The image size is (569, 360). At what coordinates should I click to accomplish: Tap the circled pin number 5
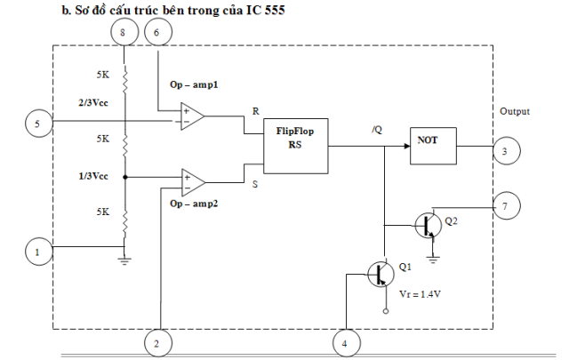pos(37,124)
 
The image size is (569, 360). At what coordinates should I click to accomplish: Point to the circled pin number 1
pos(37,253)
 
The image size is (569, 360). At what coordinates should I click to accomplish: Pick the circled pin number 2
pos(157,340)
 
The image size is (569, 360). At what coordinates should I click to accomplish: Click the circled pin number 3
pos(505,152)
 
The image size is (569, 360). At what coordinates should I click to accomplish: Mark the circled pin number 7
pos(505,206)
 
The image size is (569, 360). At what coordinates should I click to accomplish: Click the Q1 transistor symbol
pos(381,274)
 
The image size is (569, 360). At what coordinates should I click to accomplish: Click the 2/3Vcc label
pos(93,102)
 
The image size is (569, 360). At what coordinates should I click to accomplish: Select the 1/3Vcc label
pos(93,176)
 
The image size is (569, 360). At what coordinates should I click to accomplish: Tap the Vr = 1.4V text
pos(421,292)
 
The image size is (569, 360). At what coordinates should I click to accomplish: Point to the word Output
pos(515,112)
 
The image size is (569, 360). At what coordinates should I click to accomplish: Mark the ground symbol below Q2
pos(434,259)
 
